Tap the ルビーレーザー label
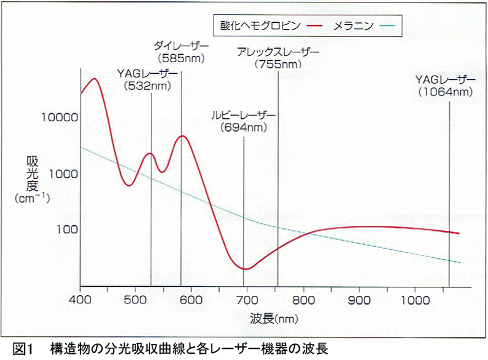244,116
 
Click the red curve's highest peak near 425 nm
95,79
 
